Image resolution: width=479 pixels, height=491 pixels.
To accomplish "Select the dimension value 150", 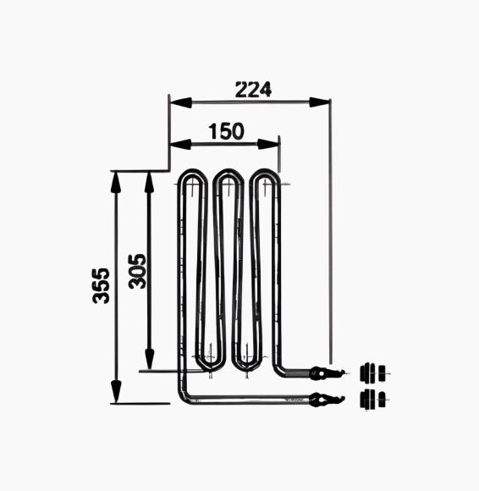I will coord(225,131).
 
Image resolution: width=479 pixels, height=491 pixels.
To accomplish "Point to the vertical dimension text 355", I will coord(101,286).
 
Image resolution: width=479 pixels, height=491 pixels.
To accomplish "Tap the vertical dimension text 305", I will coord(138,271).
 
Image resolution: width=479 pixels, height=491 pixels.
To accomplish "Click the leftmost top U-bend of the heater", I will coord(194,176).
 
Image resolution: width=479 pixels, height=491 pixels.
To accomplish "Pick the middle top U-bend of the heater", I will coord(227,176).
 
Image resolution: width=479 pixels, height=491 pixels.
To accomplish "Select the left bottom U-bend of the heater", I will coord(210,366).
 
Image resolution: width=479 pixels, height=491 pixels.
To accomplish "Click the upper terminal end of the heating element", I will coord(326,372).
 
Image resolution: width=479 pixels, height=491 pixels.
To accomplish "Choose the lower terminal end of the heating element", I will coord(326,399).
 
